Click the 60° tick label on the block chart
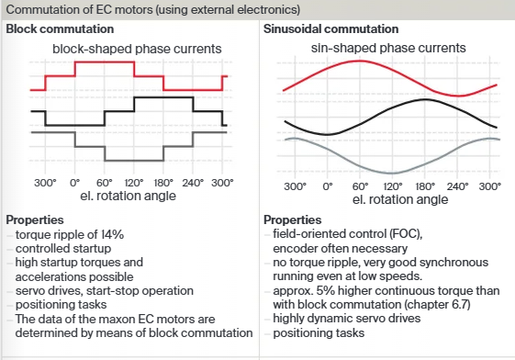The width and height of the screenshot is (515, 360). (104, 183)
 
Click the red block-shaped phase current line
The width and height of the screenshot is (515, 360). (103, 62)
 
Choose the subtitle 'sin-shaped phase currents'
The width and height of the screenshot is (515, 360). (390, 48)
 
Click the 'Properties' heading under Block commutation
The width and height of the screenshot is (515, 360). (34, 221)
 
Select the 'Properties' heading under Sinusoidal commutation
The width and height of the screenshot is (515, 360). (292, 221)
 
